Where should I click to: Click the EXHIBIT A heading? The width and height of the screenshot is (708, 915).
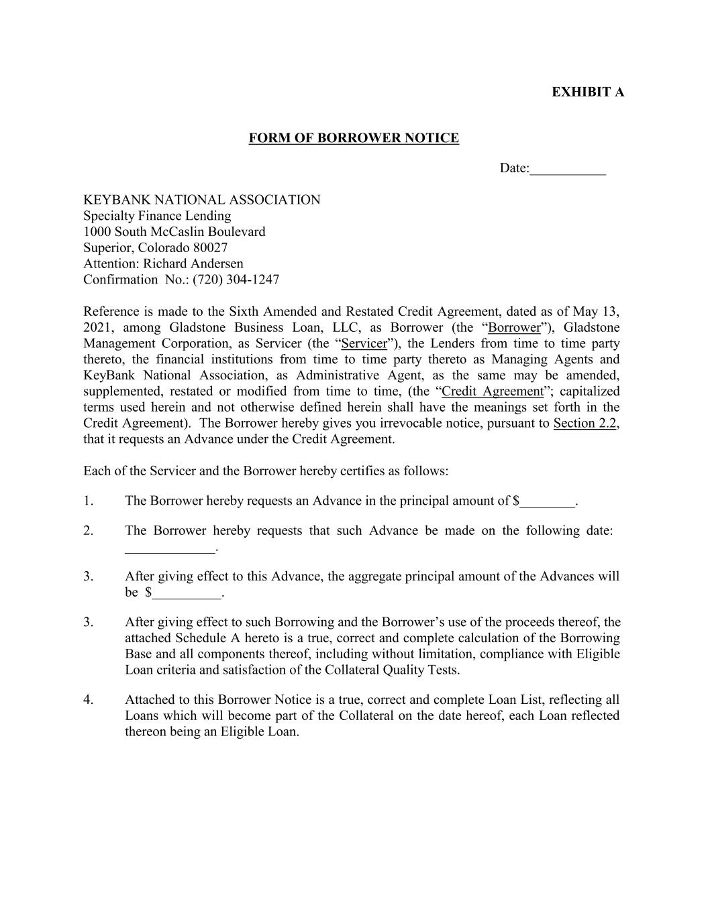pyautogui.click(x=587, y=92)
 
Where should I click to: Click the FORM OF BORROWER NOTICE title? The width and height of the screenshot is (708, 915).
pyautogui.click(x=354, y=138)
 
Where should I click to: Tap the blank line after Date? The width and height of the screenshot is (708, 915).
pyautogui.click(x=568, y=170)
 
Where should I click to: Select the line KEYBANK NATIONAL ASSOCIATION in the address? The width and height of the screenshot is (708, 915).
pyautogui.click(x=201, y=200)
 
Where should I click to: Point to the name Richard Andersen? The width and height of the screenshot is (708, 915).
pyautogui.click(x=193, y=263)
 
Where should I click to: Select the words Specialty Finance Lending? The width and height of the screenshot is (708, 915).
pyautogui.click(x=157, y=216)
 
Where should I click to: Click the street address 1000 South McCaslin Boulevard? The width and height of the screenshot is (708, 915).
pyautogui.click(x=174, y=232)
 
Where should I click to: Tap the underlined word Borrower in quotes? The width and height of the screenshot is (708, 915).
pyautogui.click(x=514, y=328)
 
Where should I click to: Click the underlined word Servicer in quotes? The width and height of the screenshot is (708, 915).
pyautogui.click(x=364, y=344)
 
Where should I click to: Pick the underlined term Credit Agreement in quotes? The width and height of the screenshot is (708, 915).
pyautogui.click(x=493, y=391)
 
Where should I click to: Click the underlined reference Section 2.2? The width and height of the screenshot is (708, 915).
pyautogui.click(x=585, y=424)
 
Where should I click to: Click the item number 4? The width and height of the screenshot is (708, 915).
pyautogui.click(x=88, y=700)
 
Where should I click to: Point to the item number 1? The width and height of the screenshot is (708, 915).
pyautogui.click(x=88, y=501)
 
